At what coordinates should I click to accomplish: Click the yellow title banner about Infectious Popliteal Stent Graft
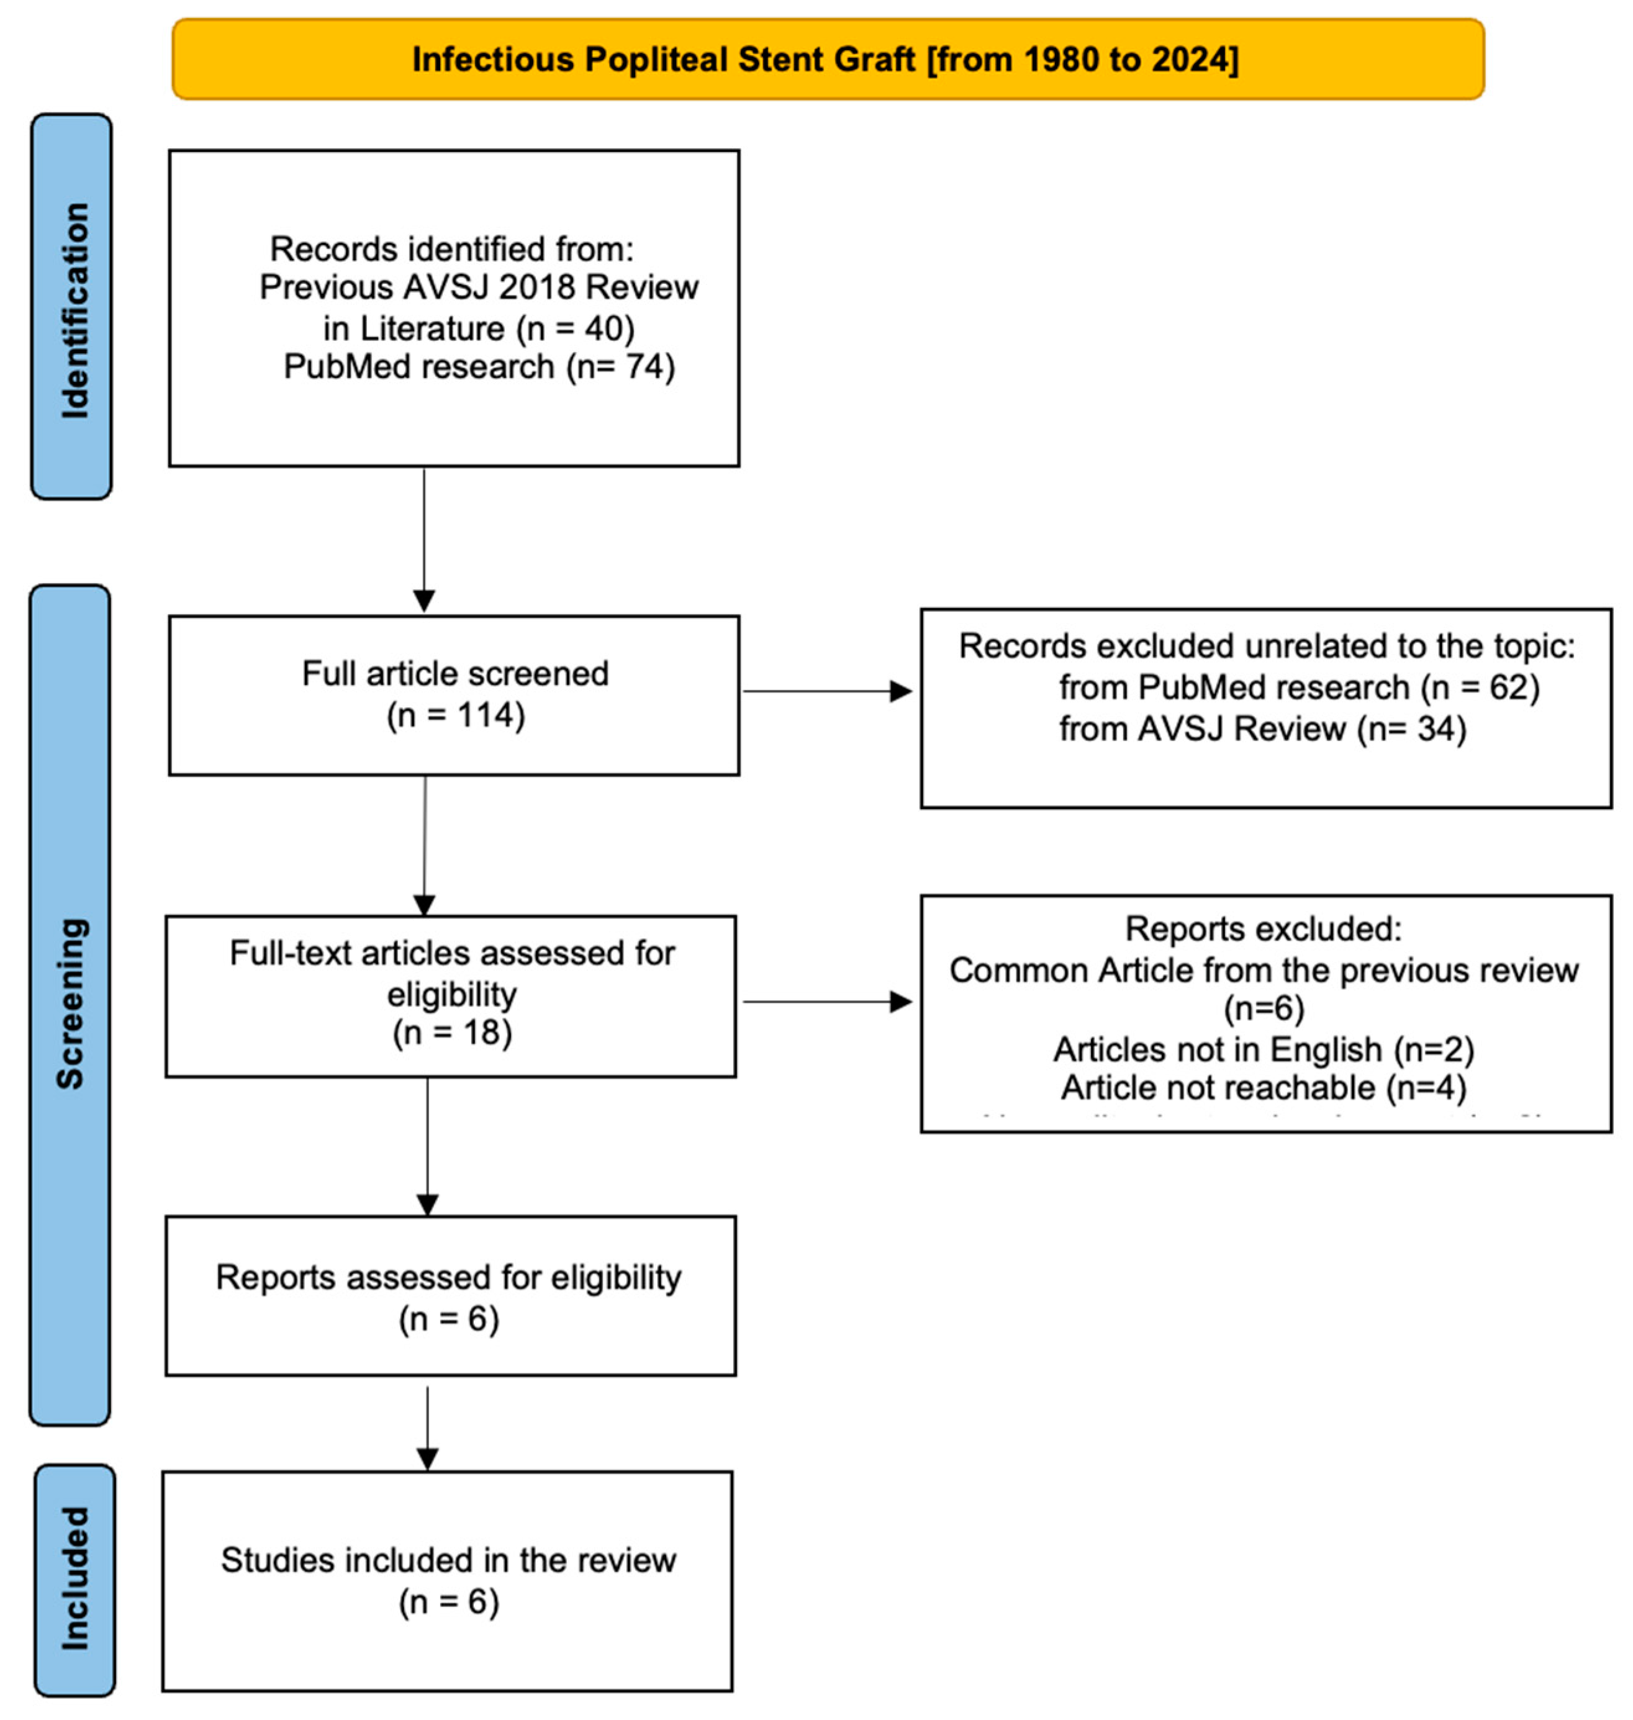click(x=827, y=59)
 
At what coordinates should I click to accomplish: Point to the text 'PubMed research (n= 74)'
click(x=479, y=366)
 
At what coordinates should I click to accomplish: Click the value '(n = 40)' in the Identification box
click(x=576, y=328)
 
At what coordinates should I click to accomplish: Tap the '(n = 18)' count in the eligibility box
click(x=452, y=1033)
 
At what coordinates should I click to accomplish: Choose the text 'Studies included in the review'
click(x=448, y=1560)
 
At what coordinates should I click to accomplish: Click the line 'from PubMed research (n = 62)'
click(x=1299, y=687)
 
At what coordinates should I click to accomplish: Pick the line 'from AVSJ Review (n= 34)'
click(x=1262, y=728)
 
